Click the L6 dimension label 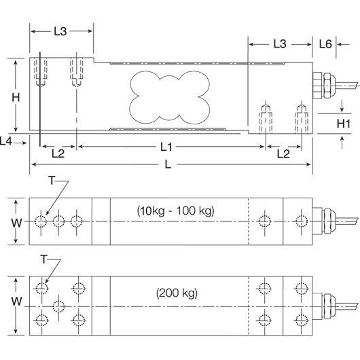pyautogui.click(x=325, y=44)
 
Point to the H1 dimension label pyautogui.click(x=343, y=123)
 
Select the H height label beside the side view pyautogui.click(x=16, y=96)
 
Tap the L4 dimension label pyautogui.click(x=7, y=141)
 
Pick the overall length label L pyautogui.click(x=168, y=164)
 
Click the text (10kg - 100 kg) pyautogui.click(x=175, y=211)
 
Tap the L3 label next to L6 pyautogui.click(x=279, y=44)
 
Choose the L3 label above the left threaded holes pyautogui.click(x=61, y=31)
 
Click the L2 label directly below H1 pyautogui.click(x=284, y=154)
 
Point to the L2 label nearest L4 pyautogui.click(x=58, y=154)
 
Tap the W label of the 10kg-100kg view pyautogui.click(x=16, y=221)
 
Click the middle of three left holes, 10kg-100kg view pyautogui.click(x=59, y=221)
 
